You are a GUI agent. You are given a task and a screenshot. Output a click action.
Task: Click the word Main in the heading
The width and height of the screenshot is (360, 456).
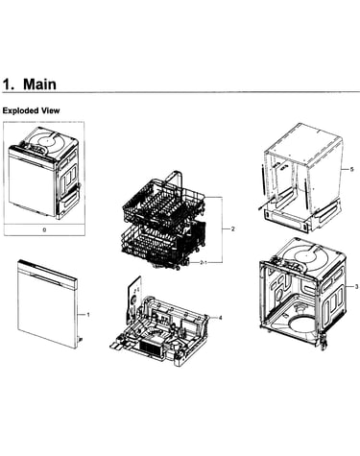[x=39, y=84]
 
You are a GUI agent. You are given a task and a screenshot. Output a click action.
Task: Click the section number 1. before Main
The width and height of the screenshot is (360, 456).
[x=9, y=84]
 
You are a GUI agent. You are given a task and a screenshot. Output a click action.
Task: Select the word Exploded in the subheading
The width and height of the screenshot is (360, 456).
[x=20, y=110]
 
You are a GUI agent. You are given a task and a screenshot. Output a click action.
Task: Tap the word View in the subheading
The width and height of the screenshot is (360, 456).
[x=50, y=110]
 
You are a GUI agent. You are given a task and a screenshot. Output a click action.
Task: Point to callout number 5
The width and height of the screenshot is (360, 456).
[x=351, y=169]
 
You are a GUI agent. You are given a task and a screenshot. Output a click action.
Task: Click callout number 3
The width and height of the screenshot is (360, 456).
[x=356, y=287]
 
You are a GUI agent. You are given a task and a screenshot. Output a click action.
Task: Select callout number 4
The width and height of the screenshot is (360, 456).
[x=220, y=318]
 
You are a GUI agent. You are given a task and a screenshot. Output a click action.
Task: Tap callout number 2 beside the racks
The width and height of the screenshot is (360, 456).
[x=233, y=228]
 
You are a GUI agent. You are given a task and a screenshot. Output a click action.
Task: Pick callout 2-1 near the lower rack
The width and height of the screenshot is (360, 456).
[x=204, y=262]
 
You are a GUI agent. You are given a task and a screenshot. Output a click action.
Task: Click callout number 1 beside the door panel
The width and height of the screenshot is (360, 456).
[x=88, y=315]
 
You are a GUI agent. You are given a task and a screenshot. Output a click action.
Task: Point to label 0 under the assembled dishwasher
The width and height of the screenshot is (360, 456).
[x=44, y=229]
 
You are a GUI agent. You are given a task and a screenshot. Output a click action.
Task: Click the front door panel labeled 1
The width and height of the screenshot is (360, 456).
[x=47, y=304]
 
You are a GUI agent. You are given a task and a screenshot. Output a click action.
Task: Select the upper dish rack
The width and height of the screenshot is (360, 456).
[x=163, y=202]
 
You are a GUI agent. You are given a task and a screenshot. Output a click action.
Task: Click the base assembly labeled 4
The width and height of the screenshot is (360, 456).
[x=160, y=326]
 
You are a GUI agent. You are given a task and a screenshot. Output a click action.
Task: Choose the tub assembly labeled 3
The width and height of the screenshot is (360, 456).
[x=302, y=293]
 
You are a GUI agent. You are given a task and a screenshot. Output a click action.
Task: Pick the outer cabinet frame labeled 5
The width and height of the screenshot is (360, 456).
[x=302, y=180]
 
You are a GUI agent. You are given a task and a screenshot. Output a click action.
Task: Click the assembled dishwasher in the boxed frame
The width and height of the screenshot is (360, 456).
[x=44, y=173]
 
